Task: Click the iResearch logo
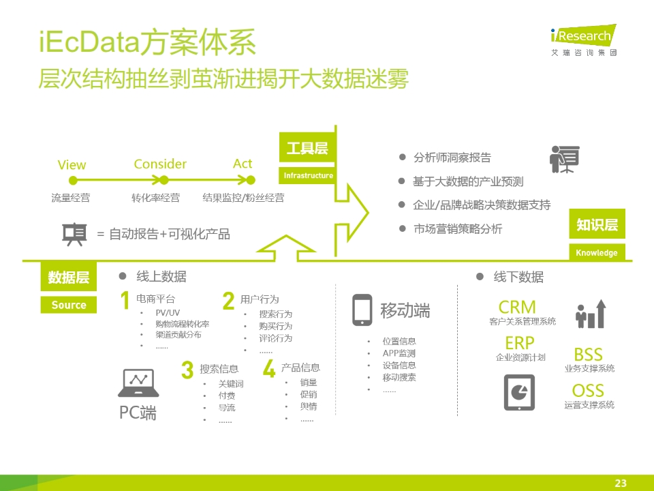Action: click(x=584, y=40)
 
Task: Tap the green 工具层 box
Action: click(x=307, y=148)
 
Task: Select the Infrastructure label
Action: click(x=308, y=175)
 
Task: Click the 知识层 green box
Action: click(x=597, y=224)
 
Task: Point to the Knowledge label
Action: click(x=597, y=252)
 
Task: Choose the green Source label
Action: click(x=68, y=305)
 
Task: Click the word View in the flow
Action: click(x=72, y=165)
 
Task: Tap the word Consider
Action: click(x=160, y=164)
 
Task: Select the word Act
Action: click(x=243, y=164)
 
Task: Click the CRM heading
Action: click(x=517, y=308)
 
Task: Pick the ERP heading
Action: click(x=520, y=343)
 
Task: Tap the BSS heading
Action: click(x=588, y=355)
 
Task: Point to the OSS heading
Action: click(x=588, y=391)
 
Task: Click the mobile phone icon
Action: click(x=362, y=310)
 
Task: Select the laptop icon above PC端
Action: click(x=138, y=383)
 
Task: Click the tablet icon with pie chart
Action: click(x=519, y=393)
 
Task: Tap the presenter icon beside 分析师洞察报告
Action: click(x=564, y=159)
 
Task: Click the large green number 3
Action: click(x=187, y=370)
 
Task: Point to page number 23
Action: click(x=621, y=483)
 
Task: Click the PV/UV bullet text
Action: click(x=168, y=313)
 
